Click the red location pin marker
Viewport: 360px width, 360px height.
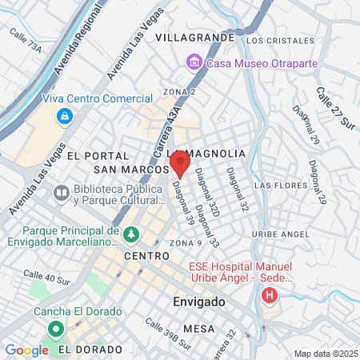click(x=180, y=165)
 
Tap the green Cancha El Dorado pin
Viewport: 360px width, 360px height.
click(x=55, y=329)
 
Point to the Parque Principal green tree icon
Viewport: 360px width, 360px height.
click(x=132, y=234)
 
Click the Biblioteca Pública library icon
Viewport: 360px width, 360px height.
click(x=61, y=193)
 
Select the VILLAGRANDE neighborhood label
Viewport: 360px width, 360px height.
click(x=195, y=38)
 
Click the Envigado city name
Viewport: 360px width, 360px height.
click(x=199, y=302)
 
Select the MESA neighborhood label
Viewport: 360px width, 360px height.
click(x=198, y=329)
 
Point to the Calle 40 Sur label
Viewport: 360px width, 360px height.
click(x=46, y=278)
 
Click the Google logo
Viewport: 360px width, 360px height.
click(x=26, y=350)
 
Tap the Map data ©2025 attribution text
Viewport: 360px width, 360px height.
click(x=326, y=354)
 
